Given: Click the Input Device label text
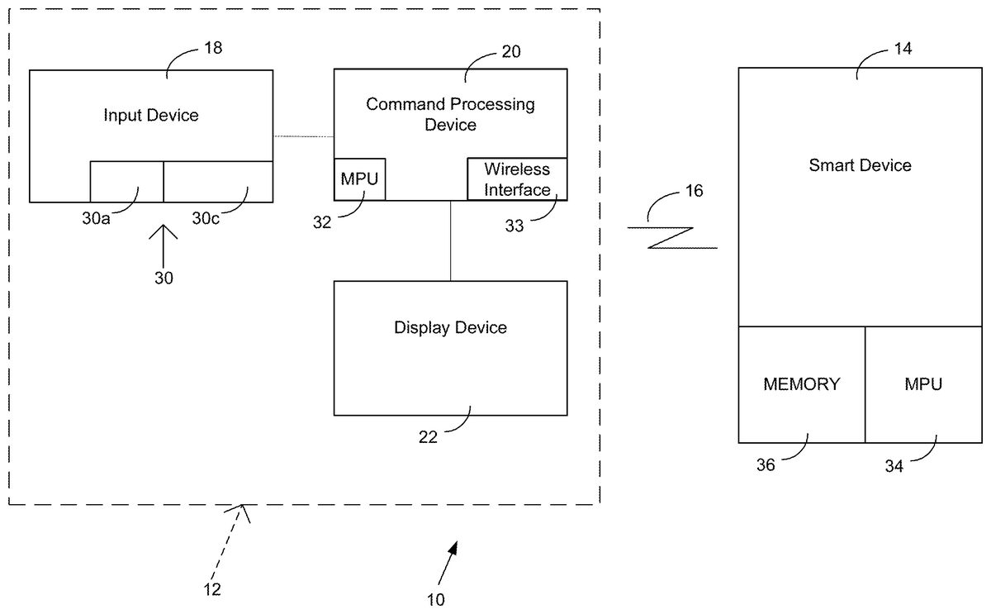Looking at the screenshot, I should (151, 116).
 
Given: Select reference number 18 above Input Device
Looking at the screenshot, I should (212, 49).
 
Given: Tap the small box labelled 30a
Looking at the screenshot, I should (126, 181).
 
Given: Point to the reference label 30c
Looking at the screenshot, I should (206, 218).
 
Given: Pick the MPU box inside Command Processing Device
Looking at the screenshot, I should (360, 179).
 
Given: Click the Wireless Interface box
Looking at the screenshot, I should (517, 179).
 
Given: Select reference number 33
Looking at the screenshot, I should (514, 225).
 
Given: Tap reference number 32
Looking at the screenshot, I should (323, 221).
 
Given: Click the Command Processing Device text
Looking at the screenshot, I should (450, 115).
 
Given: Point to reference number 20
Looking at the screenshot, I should (511, 51).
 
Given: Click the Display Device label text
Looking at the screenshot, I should (450, 328).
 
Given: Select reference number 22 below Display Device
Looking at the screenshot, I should (428, 437).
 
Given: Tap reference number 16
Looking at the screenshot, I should (694, 191).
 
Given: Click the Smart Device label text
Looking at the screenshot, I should (860, 165).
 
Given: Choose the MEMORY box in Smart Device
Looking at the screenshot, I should (801, 384).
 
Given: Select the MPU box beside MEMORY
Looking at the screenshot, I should (922, 384).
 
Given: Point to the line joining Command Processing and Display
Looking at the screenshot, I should (450, 240).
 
